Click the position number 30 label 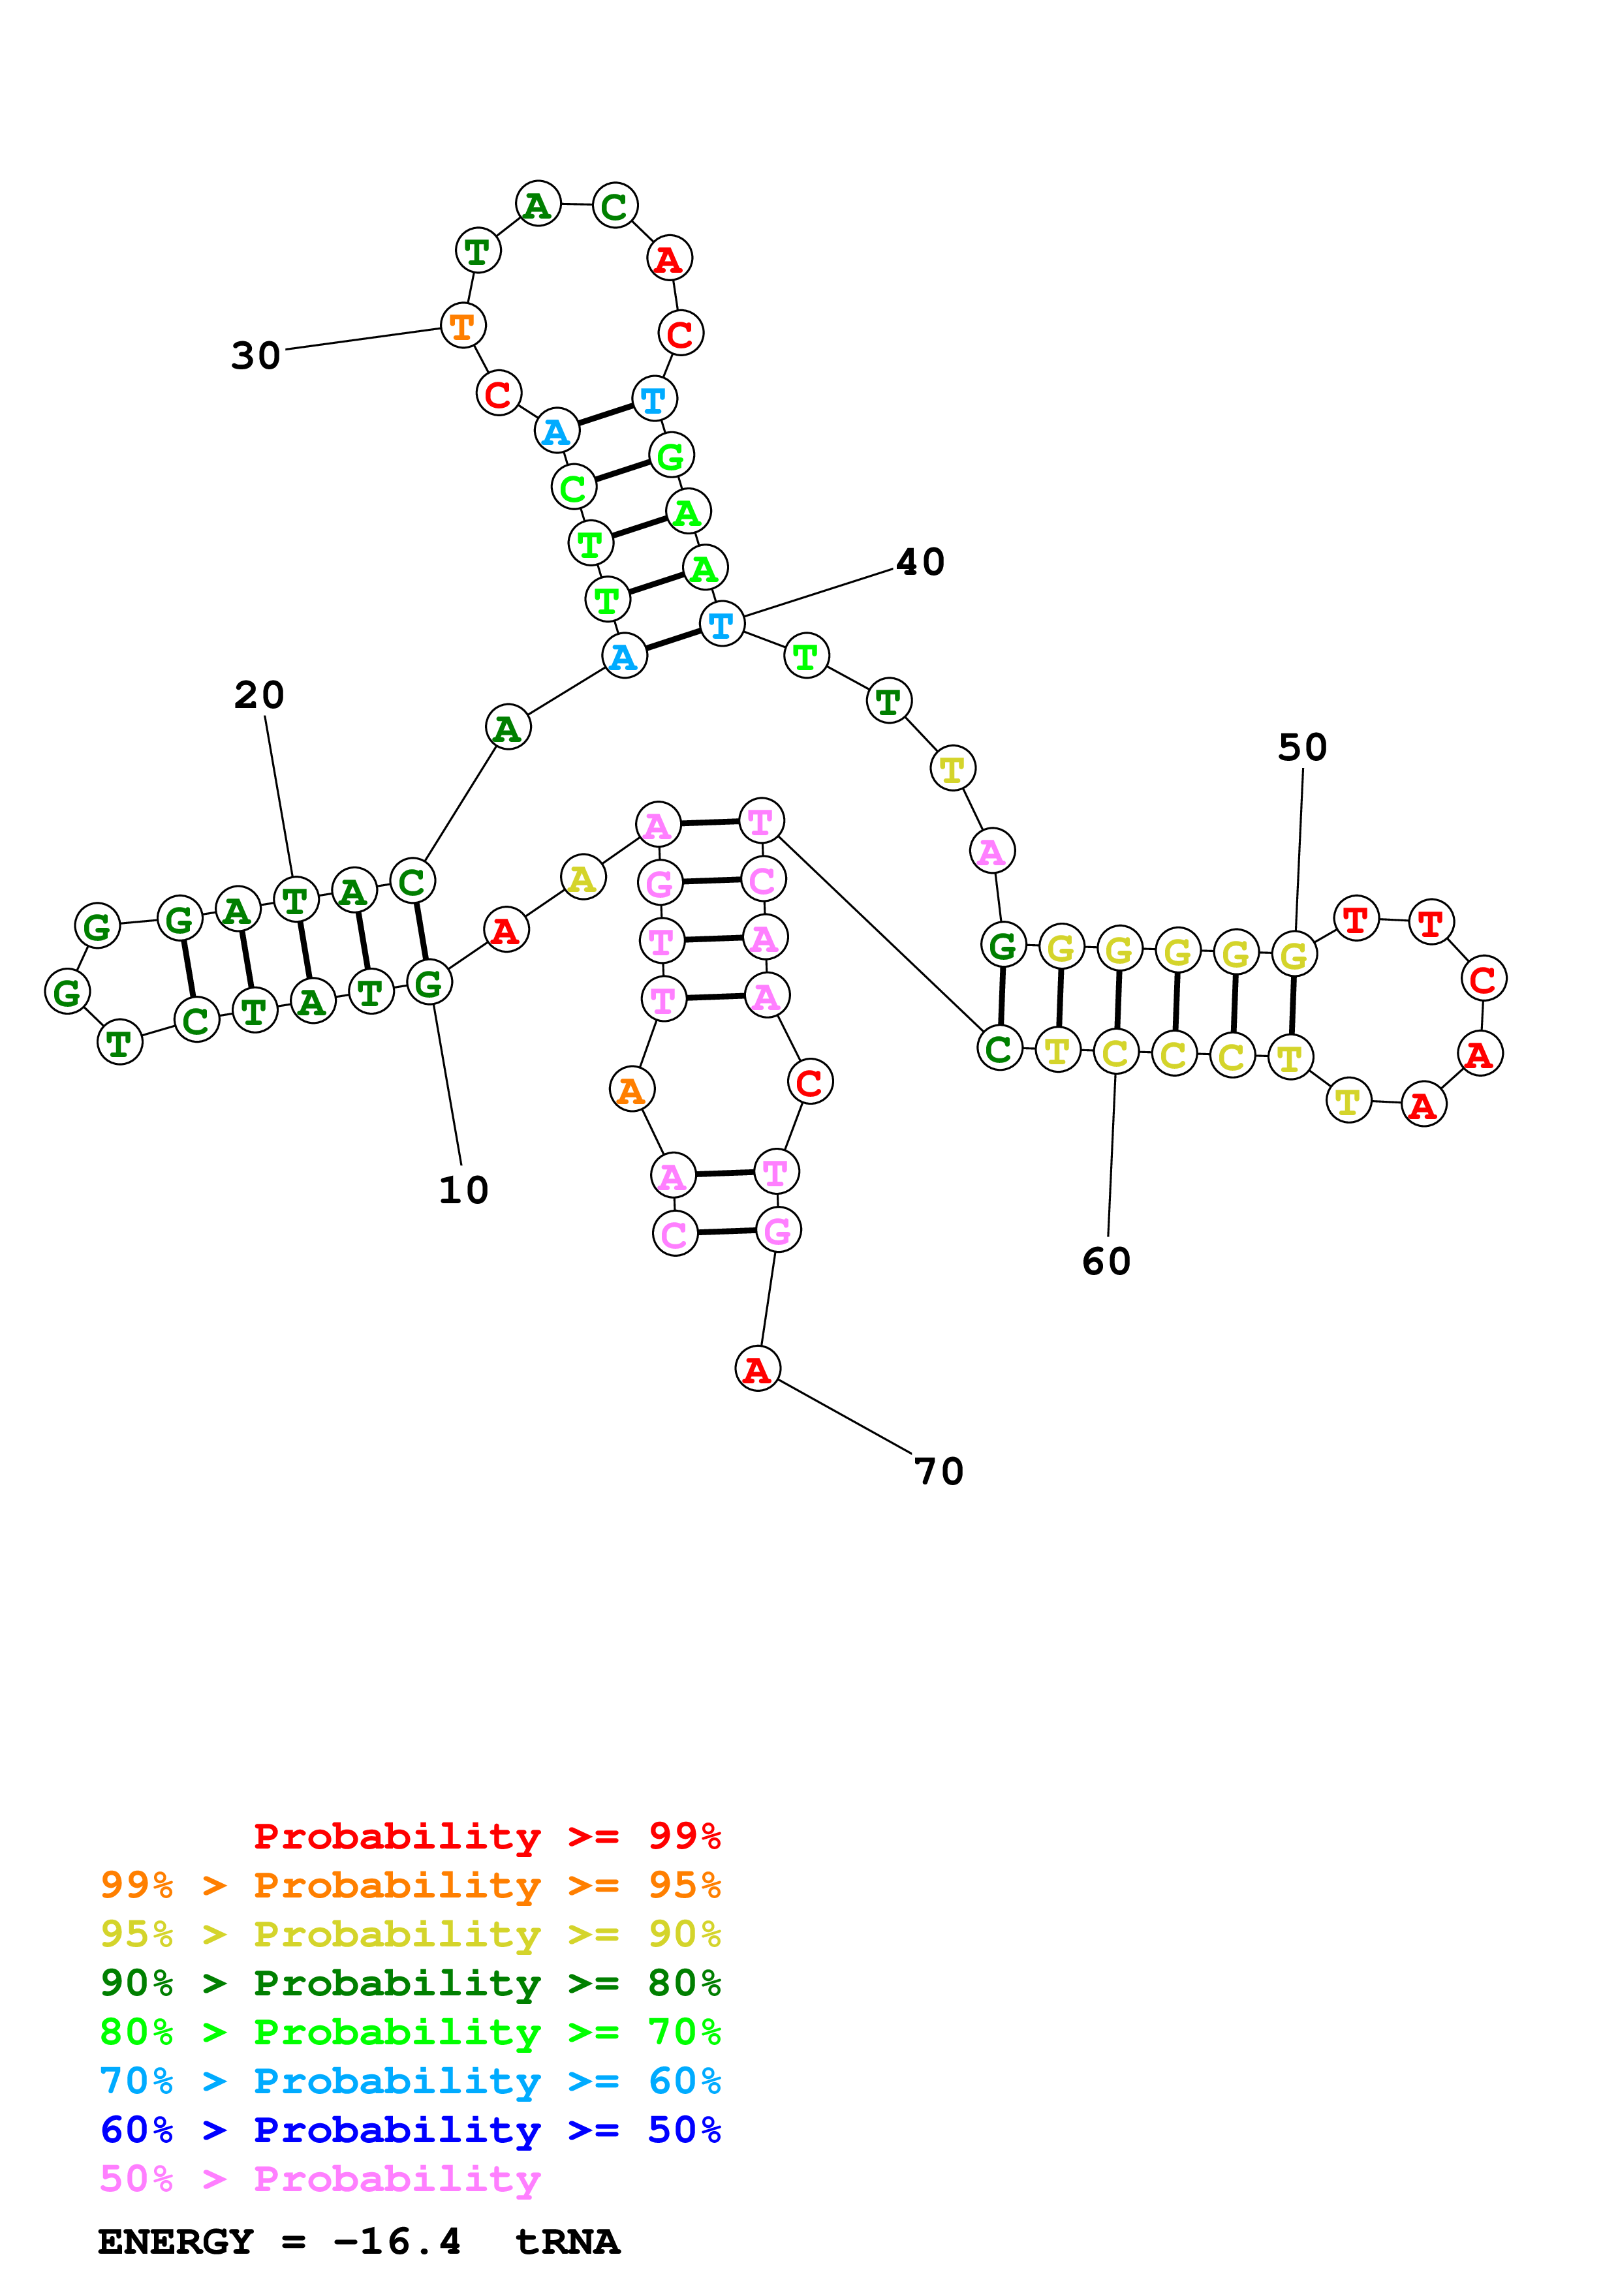pos(257,356)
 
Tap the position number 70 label pos(939,1471)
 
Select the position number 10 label pos(463,1190)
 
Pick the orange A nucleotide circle pos(631,1090)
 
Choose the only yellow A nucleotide pos(583,878)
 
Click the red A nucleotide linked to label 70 pos(758,1369)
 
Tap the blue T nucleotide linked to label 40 pos(722,624)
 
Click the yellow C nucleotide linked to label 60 pos(1115,1052)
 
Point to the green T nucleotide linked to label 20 pos(295,900)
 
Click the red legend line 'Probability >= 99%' pos(486,1836)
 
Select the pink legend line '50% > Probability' pos(320,2178)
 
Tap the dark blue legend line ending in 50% pos(410,2130)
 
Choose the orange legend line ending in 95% pos(410,1885)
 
